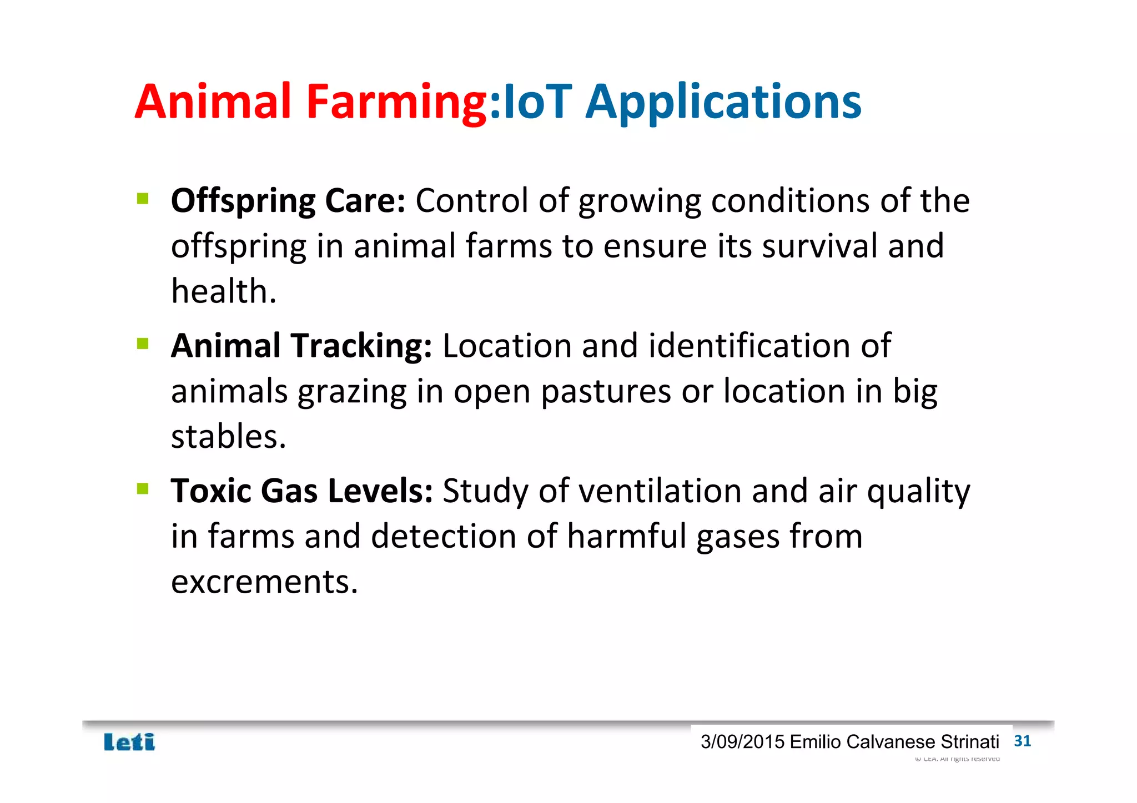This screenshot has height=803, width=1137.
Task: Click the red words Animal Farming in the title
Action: tap(311, 102)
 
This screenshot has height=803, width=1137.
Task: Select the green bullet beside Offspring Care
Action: tap(143, 198)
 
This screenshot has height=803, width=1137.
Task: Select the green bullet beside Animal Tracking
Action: tap(143, 344)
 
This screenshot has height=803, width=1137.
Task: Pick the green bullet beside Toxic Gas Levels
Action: tap(143, 488)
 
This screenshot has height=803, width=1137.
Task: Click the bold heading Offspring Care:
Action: tap(288, 201)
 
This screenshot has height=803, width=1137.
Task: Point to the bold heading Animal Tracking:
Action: tap(301, 346)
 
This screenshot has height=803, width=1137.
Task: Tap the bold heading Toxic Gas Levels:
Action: tap(301, 491)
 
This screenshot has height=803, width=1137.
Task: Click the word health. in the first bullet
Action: tap(224, 291)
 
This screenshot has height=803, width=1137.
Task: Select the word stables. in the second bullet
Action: tap(228, 437)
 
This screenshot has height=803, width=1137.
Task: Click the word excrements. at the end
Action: tap(264, 582)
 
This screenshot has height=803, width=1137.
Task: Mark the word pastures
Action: tap(606, 392)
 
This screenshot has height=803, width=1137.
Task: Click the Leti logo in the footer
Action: tap(129, 742)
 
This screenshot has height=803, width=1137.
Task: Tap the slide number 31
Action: tap(1022, 741)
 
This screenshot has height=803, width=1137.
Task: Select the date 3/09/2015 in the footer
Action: tap(742, 742)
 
